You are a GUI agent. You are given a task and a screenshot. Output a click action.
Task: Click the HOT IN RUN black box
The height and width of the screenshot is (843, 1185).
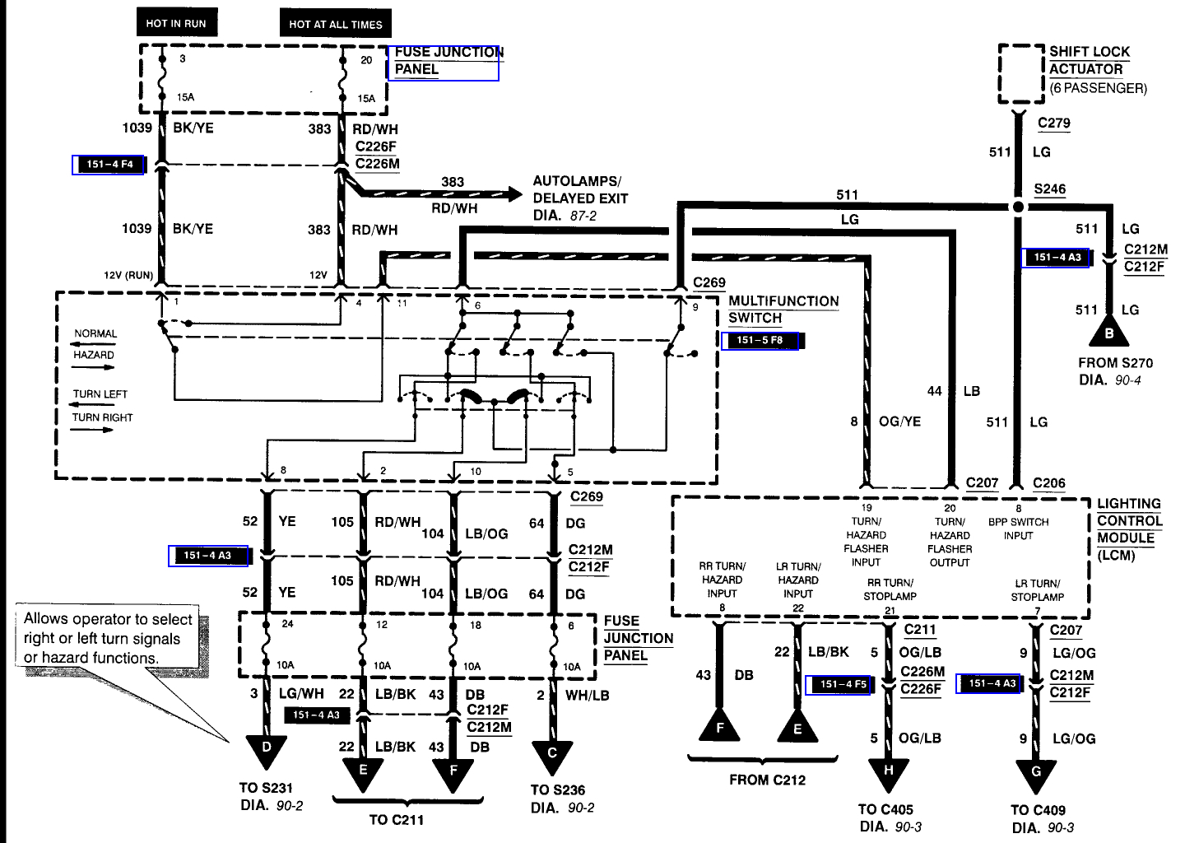tap(176, 23)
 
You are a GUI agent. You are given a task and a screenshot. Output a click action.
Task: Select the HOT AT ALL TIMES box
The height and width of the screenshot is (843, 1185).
tap(335, 24)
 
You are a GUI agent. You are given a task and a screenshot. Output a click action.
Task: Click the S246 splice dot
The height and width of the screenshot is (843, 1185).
tap(1018, 207)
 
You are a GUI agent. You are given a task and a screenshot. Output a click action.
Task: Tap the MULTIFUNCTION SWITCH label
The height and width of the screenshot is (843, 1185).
tap(783, 310)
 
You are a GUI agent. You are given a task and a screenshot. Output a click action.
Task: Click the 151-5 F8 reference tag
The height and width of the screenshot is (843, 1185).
tap(760, 340)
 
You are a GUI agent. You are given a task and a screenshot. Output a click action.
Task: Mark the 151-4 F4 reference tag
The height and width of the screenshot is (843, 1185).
tap(109, 165)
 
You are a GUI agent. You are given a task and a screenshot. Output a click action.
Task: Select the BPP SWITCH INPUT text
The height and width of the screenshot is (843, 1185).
tap(1018, 529)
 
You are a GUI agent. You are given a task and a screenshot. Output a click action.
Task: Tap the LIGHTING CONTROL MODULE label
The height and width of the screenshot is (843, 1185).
tap(1128, 529)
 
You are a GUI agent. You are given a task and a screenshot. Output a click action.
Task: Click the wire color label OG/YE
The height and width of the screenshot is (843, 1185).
tap(899, 421)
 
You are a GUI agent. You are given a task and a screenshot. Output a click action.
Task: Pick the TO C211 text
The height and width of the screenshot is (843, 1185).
tap(397, 819)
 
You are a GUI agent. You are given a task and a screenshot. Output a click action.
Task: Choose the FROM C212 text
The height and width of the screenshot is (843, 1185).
tap(767, 780)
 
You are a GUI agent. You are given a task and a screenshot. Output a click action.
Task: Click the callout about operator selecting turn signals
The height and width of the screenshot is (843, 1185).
tap(108, 639)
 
